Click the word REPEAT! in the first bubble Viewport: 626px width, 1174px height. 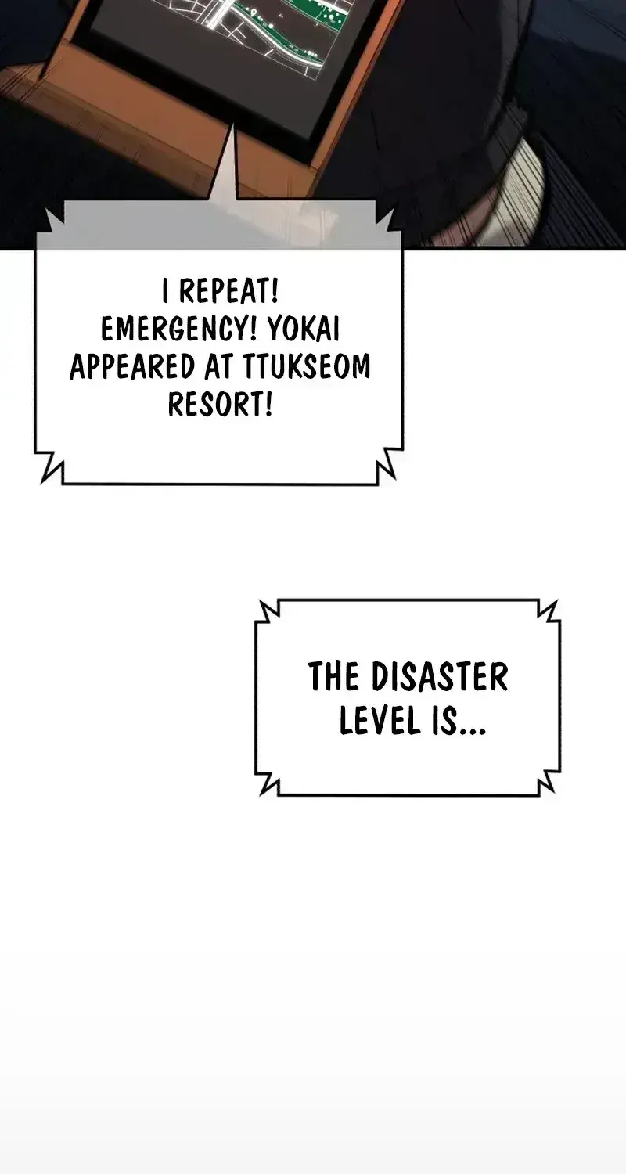pos(228,291)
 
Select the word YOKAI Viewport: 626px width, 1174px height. pos(304,330)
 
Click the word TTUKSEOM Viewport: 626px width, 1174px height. pos(307,367)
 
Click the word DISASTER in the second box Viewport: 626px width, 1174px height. pos(440,677)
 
